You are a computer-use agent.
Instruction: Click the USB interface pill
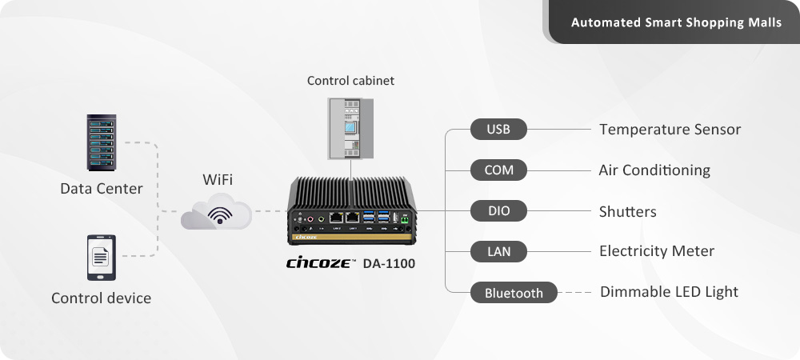(498, 129)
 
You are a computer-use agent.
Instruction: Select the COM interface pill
(498, 170)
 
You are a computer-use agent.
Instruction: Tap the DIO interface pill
(498, 211)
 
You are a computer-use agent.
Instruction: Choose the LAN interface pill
(498, 252)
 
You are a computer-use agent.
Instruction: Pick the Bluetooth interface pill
(514, 293)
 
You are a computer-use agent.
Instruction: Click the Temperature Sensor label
(670, 129)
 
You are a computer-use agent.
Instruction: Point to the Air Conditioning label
(654, 170)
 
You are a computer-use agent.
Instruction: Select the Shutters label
(627, 211)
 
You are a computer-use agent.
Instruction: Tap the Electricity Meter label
(656, 251)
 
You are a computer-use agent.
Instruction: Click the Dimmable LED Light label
(669, 292)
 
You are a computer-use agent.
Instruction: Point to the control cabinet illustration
(350, 128)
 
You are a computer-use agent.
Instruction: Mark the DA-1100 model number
(389, 262)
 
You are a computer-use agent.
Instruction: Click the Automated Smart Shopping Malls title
(676, 22)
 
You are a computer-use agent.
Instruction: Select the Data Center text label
(102, 189)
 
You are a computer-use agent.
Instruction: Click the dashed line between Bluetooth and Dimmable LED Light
(577, 293)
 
